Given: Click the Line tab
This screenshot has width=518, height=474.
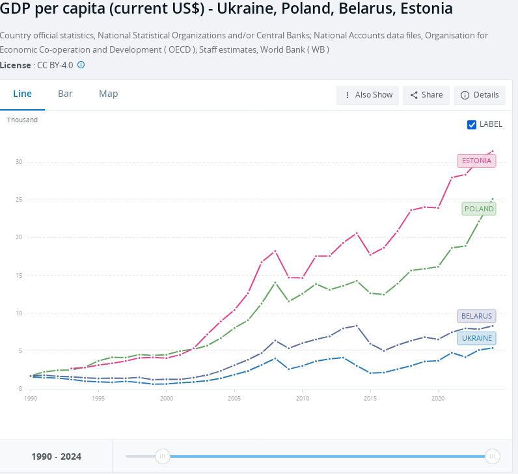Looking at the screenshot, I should [22, 94].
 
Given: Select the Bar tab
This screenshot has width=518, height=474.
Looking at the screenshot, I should [65, 94].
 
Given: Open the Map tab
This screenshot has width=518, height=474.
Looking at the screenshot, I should [108, 94].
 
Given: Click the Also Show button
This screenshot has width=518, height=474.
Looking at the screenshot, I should [368, 95].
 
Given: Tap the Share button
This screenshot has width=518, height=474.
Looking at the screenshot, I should [426, 95].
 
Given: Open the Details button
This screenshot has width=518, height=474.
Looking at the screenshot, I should [480, 95].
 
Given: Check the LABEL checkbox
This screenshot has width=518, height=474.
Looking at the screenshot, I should [472, 125].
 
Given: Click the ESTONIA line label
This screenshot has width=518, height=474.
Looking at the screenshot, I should [476, 161].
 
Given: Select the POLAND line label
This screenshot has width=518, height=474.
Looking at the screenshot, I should [478, 209].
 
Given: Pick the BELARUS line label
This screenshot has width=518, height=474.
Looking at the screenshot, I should [476, 316].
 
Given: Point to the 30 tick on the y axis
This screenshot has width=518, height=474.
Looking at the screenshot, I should [20, 162].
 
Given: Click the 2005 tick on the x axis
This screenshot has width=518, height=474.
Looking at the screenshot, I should [234, 398].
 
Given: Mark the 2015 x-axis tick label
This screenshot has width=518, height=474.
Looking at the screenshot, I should [370, 398].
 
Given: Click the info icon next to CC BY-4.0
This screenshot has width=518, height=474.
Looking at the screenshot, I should [81, 65].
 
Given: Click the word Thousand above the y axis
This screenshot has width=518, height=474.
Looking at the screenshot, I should [22, 120].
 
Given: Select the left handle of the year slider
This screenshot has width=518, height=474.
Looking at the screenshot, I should [163, 456].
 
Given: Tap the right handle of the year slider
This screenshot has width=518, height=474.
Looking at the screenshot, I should [493, 456].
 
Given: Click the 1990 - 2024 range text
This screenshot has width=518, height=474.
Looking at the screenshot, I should [56, 456].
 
